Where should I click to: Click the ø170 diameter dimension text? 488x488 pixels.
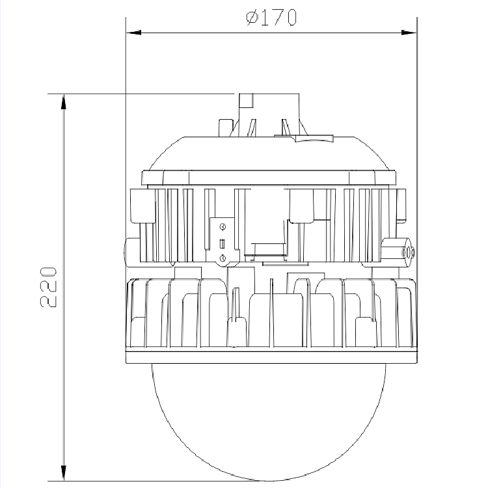tap(271, 18)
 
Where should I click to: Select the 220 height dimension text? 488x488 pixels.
tap(49, 287)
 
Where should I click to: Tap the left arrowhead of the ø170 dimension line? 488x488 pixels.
tap(133, 33)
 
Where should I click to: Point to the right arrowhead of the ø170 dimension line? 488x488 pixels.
tap(409, 33)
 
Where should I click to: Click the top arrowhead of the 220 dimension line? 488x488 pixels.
tap(64, 102)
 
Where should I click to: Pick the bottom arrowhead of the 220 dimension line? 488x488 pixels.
tap(64, 473)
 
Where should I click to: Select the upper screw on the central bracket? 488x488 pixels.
tap(223, 227)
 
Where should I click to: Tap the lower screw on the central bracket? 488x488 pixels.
tap(223, 258)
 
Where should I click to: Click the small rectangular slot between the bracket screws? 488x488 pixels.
tap(223, 244)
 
